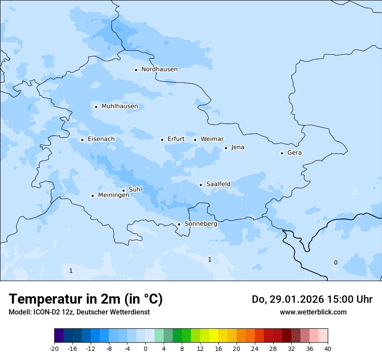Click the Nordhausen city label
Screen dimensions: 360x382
point(159,69)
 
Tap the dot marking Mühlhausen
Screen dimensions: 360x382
point(96,107)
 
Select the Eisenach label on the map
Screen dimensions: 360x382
point(101,139)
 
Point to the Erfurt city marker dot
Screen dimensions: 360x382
point(162,140)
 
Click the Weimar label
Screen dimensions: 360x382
point(212,139)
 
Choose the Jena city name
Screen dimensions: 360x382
point(237,147)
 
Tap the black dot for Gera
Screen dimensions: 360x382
point(282,153)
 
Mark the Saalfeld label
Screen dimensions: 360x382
point(218,184)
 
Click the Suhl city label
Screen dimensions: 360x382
point(135,190)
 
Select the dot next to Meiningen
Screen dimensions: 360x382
point(92,196)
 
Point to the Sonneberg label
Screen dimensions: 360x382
point(201,224)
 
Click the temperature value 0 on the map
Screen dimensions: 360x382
point(335,262)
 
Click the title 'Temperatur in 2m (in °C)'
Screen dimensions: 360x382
point(86,299)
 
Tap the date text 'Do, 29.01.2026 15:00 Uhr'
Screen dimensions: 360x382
point(312,299)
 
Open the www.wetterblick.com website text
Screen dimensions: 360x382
point(313,312)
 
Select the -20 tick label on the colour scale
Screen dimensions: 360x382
point(54,349)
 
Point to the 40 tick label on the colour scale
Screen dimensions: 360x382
point(328,349)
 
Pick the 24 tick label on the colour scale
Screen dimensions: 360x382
point(255,349)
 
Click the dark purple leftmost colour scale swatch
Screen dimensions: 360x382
point(59,336)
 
